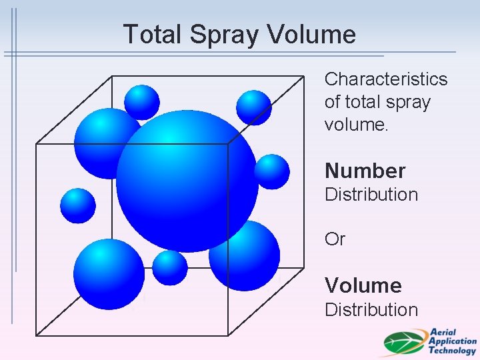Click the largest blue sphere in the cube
click(187, 181)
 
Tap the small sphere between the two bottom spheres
click(170, 267)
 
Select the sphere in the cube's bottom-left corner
click(109, 274)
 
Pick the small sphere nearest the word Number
click(272, 171)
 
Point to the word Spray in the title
click(217, 34)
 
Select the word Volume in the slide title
click(313, 34)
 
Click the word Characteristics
click(386, 79)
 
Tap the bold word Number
click(365, 171)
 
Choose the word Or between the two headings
click(335, 239)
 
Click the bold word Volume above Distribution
click(363, 286)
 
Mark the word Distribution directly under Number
click(371, 195)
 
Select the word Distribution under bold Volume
click(371, 309)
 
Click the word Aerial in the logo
click(443, 332)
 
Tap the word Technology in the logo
click(452, 350)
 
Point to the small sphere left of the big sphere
click(78, 205)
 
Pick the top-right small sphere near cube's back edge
click(254, 107)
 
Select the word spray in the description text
click(409, 102)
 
